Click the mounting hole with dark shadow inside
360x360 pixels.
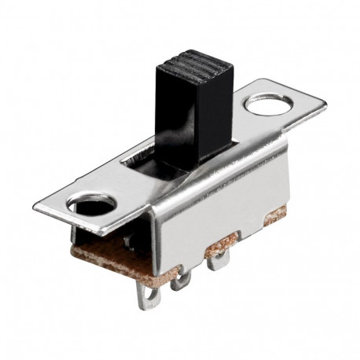[90, 208]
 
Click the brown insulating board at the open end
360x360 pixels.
[118, 259]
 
